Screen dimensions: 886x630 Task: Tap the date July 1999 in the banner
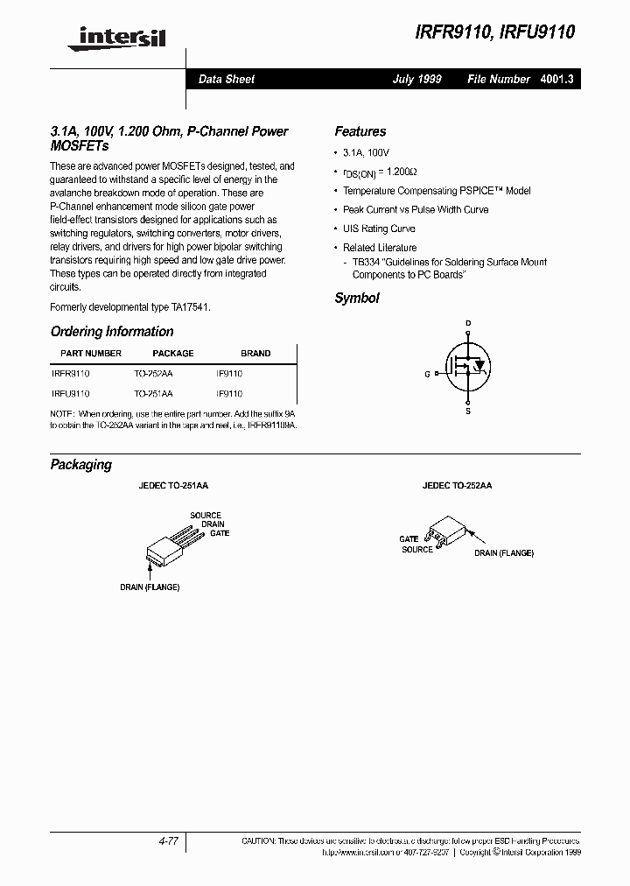point(416,79)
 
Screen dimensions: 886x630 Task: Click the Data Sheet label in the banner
point(227,79)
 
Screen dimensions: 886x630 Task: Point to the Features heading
point(360,131)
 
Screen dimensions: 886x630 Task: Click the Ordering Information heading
point(112,332)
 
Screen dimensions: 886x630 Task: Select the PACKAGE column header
point(173,354)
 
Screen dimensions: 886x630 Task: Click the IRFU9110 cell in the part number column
point(70,394)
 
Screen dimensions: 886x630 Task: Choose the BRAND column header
point(255,354)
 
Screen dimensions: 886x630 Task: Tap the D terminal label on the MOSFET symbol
point(468,324)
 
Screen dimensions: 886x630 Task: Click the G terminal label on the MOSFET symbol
point(427,374)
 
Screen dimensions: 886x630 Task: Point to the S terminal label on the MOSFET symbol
point(468,410)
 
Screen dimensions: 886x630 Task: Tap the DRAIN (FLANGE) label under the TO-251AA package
point(150,587)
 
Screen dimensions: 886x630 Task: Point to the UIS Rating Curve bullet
point(379,229)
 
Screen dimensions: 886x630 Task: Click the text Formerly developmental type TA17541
point(130,307)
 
